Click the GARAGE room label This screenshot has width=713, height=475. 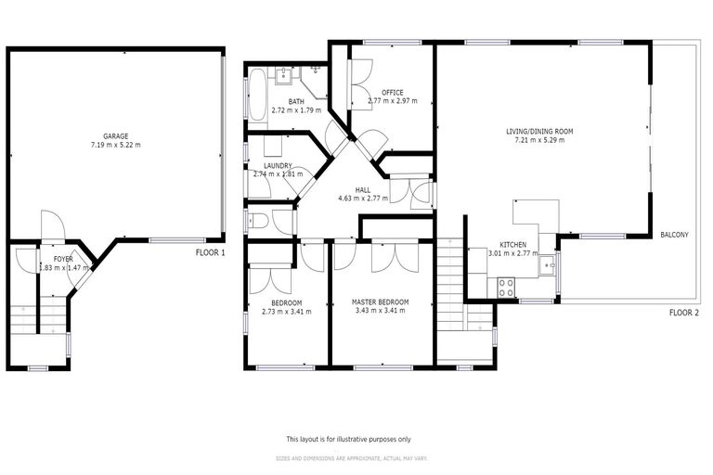pos(115,135)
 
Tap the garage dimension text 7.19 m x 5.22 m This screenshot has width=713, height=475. pos(115,145)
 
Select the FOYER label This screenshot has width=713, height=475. pos(63,259)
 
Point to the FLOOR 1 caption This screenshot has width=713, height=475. pos(210,252)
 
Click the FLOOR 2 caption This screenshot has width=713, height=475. pos(683,313)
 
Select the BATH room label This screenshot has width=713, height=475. pos(296,101)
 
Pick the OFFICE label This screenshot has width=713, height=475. pos(392,92)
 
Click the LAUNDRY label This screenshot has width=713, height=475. pos(279,165)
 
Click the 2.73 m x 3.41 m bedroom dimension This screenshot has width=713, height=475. pos(286,312)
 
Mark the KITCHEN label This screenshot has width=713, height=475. pos(513,244)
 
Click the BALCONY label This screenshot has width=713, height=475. pos(674,235)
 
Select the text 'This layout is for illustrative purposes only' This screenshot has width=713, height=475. pos(348,439)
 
